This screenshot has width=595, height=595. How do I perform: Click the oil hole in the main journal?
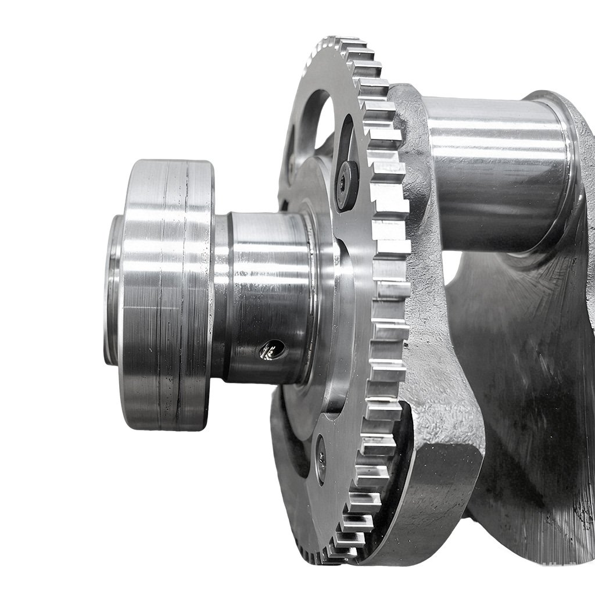coord(271,350)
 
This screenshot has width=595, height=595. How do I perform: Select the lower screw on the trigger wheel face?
coord(321,458)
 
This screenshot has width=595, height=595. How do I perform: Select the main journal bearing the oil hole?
coord(267,291)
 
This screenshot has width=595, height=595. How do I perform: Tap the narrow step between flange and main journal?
coord(221,296)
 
